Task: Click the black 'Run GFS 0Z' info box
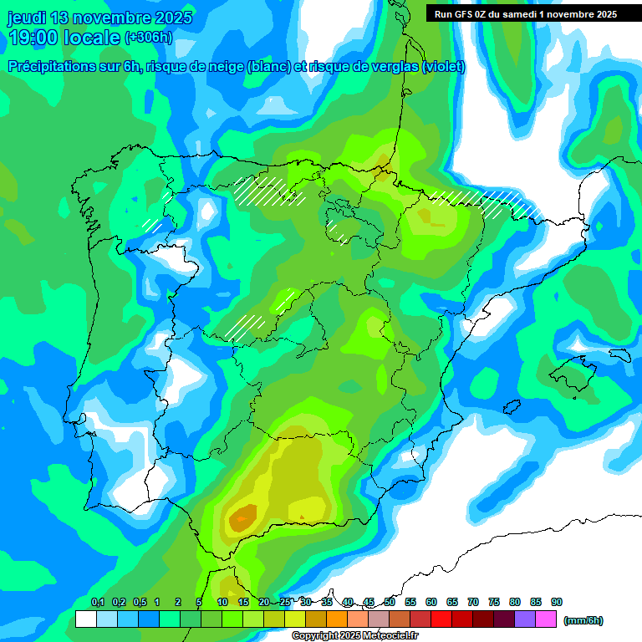522,14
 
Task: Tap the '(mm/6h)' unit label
583,620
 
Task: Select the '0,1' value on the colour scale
98,602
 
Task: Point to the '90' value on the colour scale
556,602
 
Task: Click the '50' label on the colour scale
390,602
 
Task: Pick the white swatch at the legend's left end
85,619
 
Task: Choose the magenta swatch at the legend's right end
546,619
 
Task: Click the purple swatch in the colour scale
525,619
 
